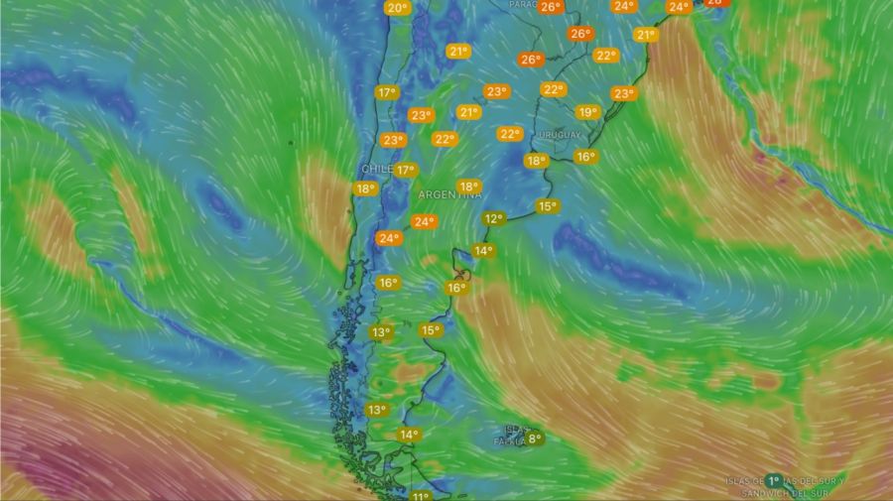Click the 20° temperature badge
point(397,9)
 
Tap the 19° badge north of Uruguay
point(587,112)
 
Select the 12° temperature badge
point(493,218)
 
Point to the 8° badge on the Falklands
point(535,438)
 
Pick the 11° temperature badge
point(421,496)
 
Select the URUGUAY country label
point(562,134)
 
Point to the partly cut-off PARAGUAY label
point(522,5)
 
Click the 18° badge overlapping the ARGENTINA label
point(468,186)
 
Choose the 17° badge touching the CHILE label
point(404,171)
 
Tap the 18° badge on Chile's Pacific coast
point(365,188)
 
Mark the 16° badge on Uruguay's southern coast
point(585,157)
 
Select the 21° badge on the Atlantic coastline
point(646,35)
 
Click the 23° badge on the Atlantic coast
point(623,94)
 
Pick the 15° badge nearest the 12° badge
point(547,206)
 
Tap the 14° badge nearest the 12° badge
point(482,251)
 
